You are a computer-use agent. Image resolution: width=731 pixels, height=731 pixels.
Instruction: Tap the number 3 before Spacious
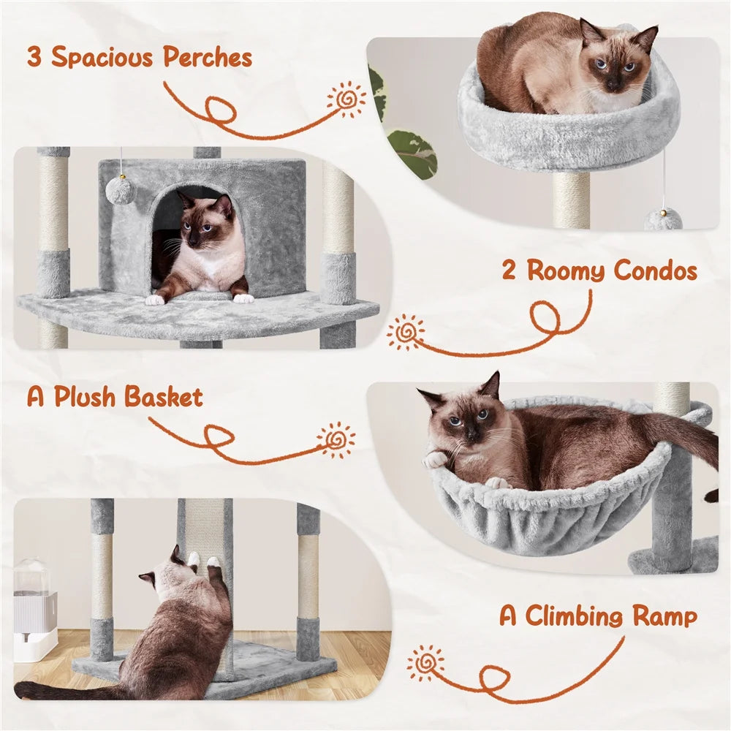pos(34,57)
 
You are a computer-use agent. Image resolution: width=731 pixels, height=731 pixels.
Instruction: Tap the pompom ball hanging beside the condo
pos(119,190)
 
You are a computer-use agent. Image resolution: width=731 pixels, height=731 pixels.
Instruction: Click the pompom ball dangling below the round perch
pos(663,219)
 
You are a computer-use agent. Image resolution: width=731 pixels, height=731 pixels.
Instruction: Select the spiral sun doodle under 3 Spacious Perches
pos(346,99)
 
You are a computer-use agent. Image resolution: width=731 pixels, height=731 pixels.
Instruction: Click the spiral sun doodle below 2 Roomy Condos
pos(406,333)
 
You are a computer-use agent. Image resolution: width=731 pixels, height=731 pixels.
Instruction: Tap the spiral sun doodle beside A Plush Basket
pos(337,440)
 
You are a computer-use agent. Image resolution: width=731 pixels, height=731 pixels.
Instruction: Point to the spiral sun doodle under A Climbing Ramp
pos(426,663)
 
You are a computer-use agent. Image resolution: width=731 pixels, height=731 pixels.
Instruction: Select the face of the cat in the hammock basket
pos(464,420)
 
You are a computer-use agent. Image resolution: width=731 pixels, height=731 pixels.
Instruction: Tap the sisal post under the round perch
pos(571,200)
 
